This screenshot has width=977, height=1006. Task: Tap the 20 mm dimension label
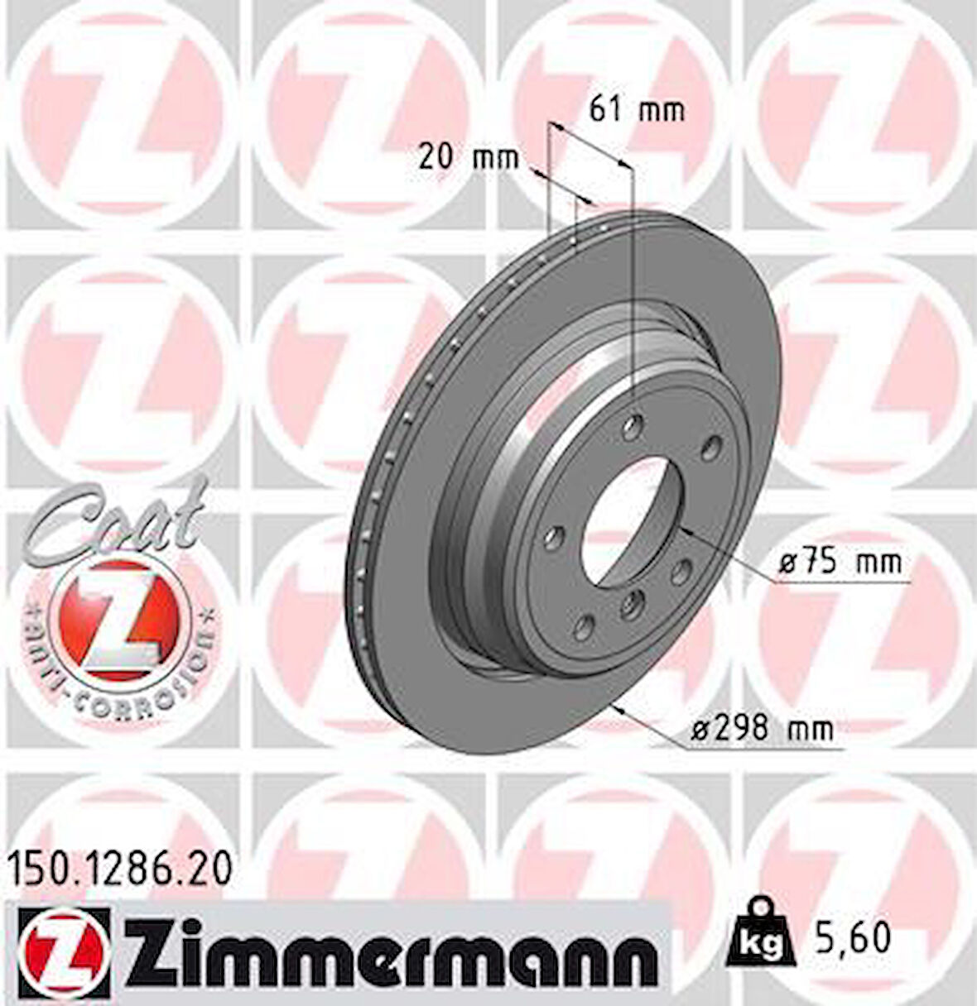tap(468, 156)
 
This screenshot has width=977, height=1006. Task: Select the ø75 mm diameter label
tap(840, 563)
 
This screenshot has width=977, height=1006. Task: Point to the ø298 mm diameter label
tap(761, 729)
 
